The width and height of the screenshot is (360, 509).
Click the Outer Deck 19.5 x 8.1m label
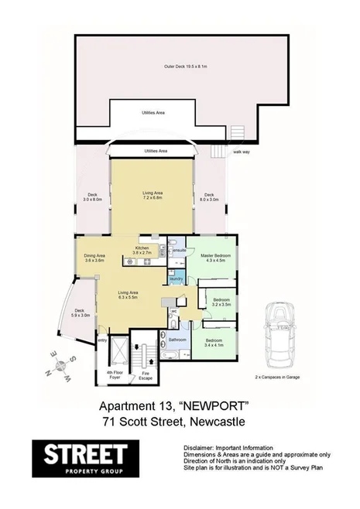pyautogui.click(x=180, y=67)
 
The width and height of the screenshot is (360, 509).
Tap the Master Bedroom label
pyautogui.click(x=214, y=257)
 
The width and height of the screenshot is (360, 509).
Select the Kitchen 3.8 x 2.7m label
pyautogui.click(x=146, y=251)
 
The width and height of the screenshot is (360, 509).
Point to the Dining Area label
pyautogui.click(x=94, y=258)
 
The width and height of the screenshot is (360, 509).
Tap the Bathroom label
pyautogui.click(x=175, y=339)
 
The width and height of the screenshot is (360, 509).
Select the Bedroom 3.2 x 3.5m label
pyautogui.click(x=221, y=302)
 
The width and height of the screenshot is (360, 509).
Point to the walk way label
pyautogui.click(x=240, y=152)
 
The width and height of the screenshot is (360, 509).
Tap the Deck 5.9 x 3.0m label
pyautogui.click(x=81, y=314)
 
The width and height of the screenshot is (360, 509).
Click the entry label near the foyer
pyautogui.click(x=102, y=340)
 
